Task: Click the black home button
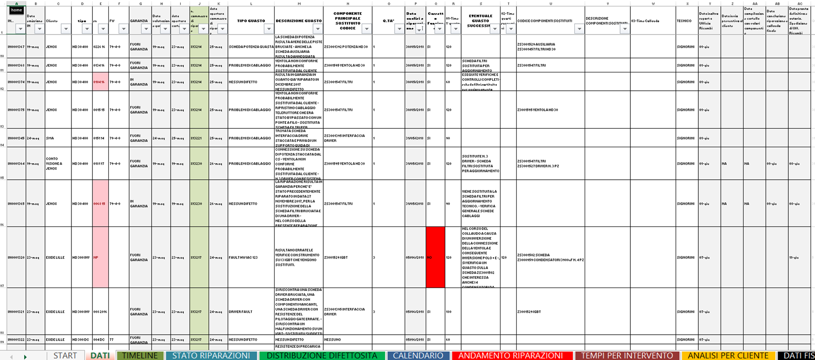click(x=17, y=10)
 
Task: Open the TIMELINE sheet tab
click(x=140, y=356)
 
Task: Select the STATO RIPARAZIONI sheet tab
click(x=211, y=356)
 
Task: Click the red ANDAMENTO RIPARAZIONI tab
click(x=510, y=356)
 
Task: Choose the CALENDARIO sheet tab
click(x=418, y=356)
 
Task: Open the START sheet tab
click(x=65, y=356)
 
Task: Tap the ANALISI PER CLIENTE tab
click(x=728, y=356)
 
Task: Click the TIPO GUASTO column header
click(x=251, y=21)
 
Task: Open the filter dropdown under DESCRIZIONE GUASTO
click(x=317, y=29)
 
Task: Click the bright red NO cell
click(x=435, y=257)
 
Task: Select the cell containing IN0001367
click(x=16, y=47)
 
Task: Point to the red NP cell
click(x=100, y=257)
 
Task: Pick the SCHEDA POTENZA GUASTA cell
click(x=251, y=47)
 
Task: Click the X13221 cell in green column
click(x=199, y=138)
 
